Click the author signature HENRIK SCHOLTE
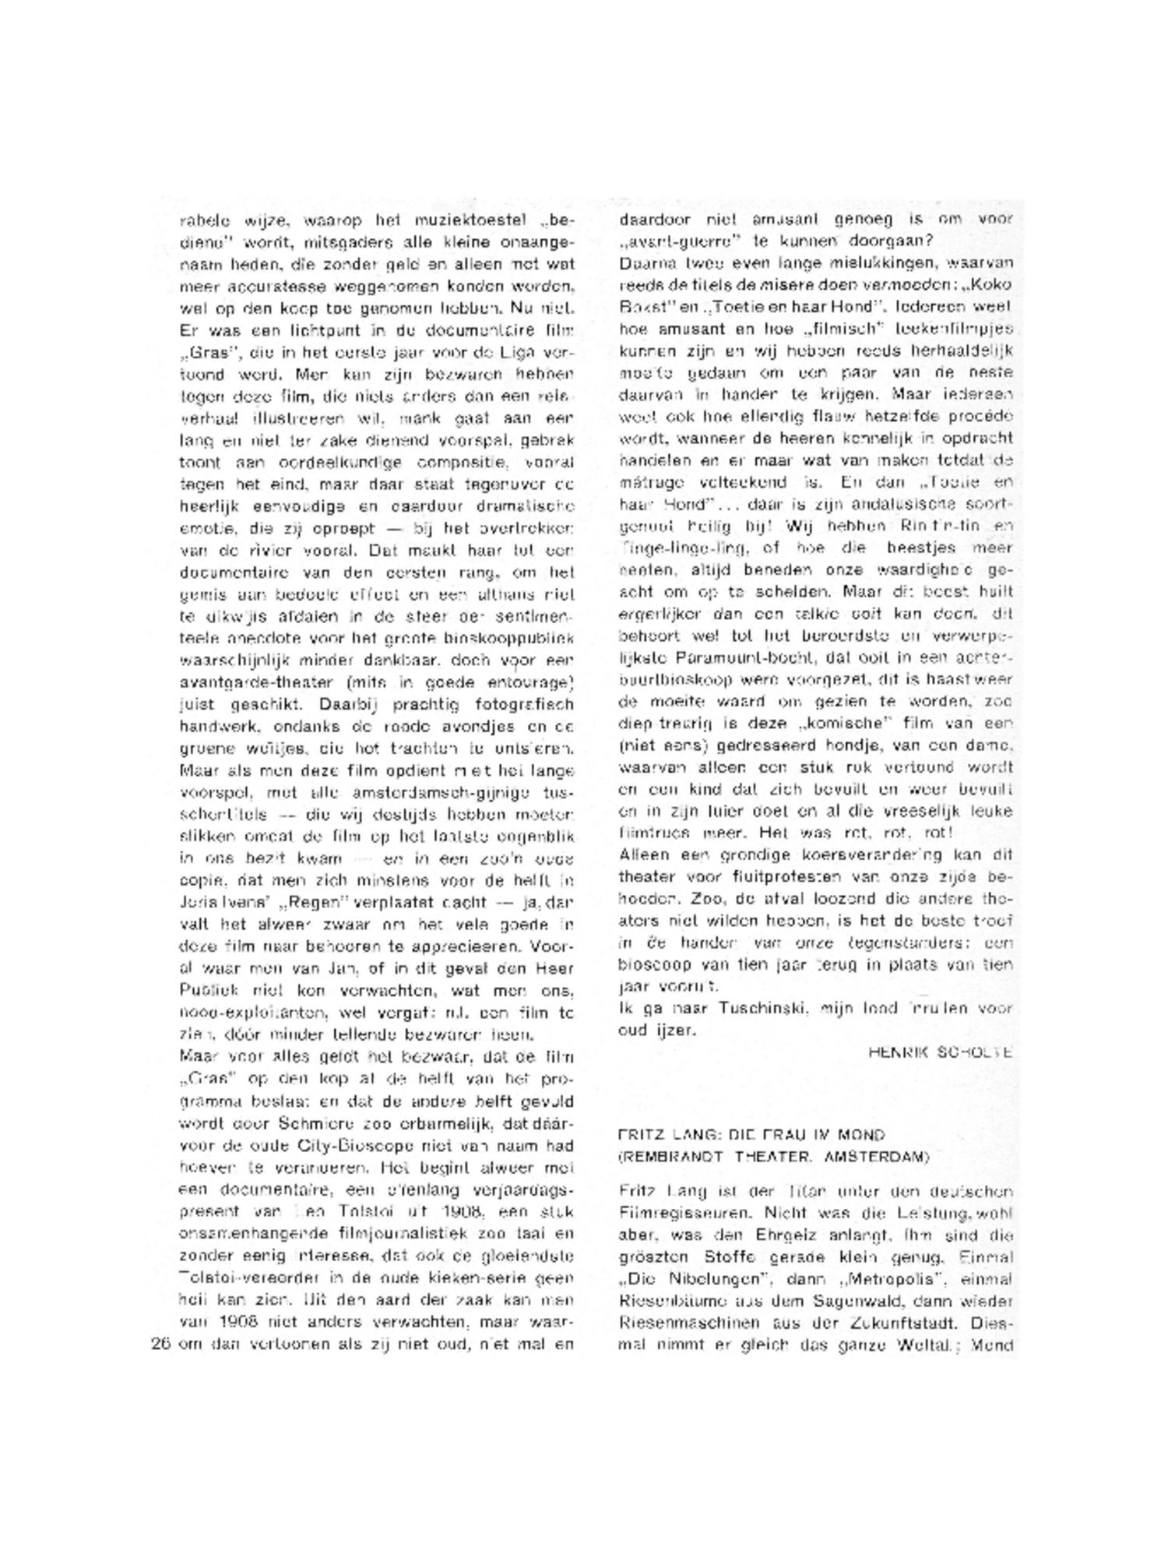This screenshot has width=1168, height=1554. point(940,1052)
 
